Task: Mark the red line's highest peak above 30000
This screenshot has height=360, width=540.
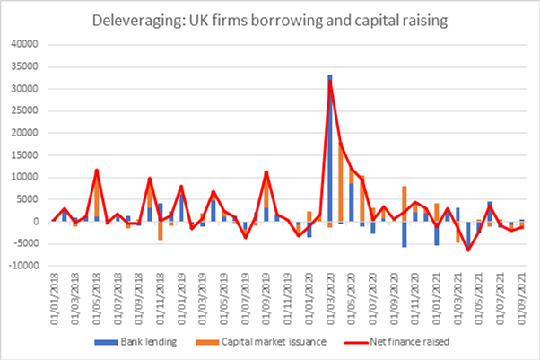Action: click(x=330, y=83)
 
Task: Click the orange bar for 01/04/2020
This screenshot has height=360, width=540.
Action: click(x=342, y=184)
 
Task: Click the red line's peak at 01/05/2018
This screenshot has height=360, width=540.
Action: click(x=96, y=171)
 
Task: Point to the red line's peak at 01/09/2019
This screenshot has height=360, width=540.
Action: click(x=266, y=172)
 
